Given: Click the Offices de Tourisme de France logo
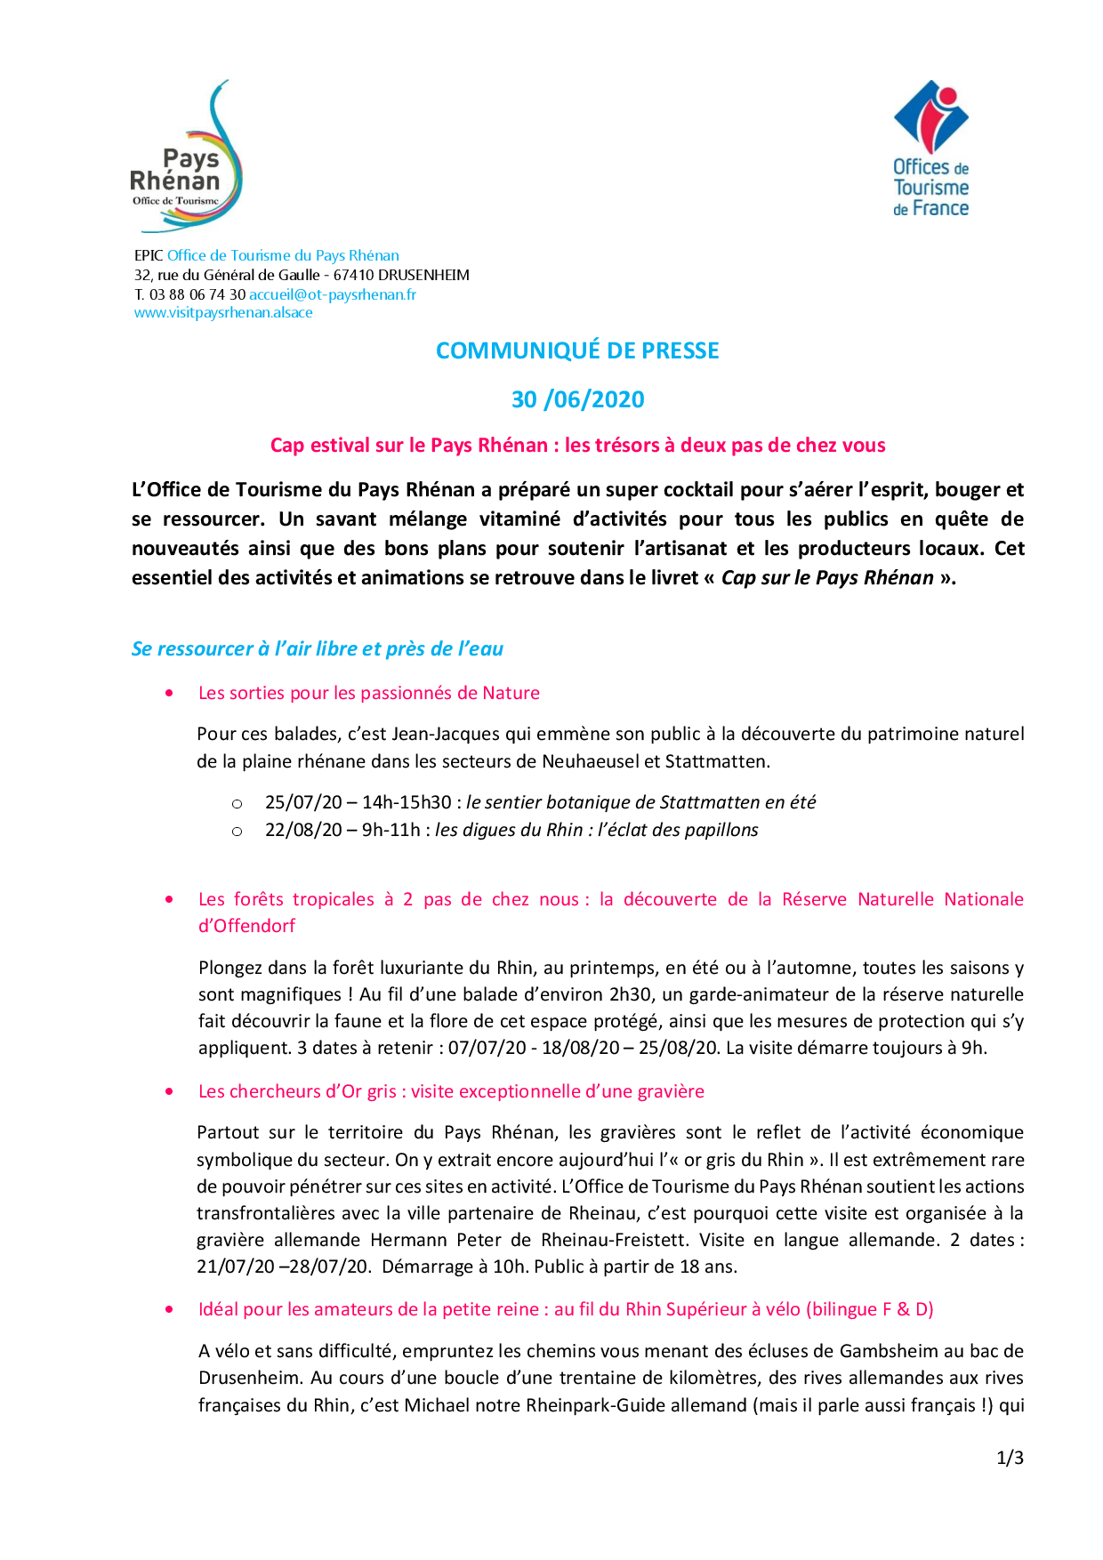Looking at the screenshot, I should click(930, 149).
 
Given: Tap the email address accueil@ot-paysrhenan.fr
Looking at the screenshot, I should click(333, 294).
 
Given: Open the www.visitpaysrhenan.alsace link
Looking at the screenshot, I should click(223, 313).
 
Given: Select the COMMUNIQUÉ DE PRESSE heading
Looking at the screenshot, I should click(577, 350).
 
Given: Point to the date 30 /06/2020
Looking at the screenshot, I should click(577, 399).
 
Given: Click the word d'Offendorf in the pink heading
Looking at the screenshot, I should click(246, 926).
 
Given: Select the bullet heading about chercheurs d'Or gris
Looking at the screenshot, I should click(451, 1091).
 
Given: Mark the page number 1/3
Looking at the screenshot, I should click(1010, 1458).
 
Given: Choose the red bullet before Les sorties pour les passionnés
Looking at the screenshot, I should click(169, 693).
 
